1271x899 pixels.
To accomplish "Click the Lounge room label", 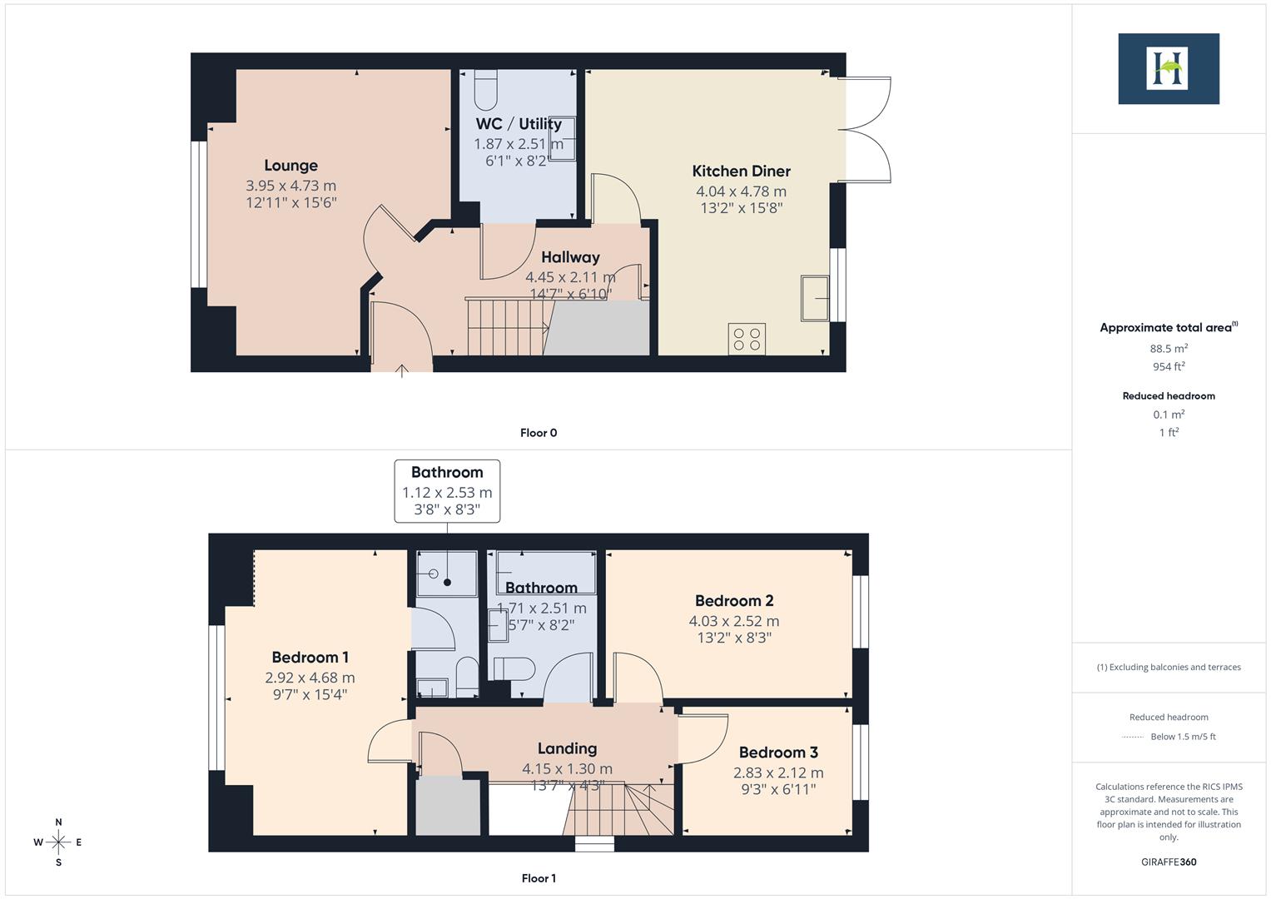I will click(x=290, y=166).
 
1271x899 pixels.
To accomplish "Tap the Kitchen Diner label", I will click(x=741, y=171).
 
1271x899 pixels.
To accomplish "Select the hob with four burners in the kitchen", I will click(x=747, y=339).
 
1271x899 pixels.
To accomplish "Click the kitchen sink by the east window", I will click(x=815, y=297).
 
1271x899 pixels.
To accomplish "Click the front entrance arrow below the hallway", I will click(x=402, y=370).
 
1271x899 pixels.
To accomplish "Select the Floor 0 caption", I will click(x=539, y=433).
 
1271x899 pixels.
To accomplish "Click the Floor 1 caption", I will click(x=539, y=878).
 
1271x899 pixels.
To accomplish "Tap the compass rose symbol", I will click(x=58, y=842).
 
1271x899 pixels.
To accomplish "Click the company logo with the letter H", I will click(x=1168, y=68).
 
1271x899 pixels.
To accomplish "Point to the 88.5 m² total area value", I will click(x=1169, y=349).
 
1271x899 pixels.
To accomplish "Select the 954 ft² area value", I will click(x=1169, y=366).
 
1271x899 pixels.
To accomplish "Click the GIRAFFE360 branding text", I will click(x=1169, y=862).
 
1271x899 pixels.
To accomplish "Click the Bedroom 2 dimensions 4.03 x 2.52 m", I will click(x=733, y=621).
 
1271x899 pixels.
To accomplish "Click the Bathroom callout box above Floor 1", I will click(x=447, y=490).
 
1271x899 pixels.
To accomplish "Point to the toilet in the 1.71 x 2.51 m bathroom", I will click(x=514, y=668).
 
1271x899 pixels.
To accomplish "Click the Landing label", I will click(x=567, y=748).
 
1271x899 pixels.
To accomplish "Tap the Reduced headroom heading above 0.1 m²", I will click(x=1169, y=396).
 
